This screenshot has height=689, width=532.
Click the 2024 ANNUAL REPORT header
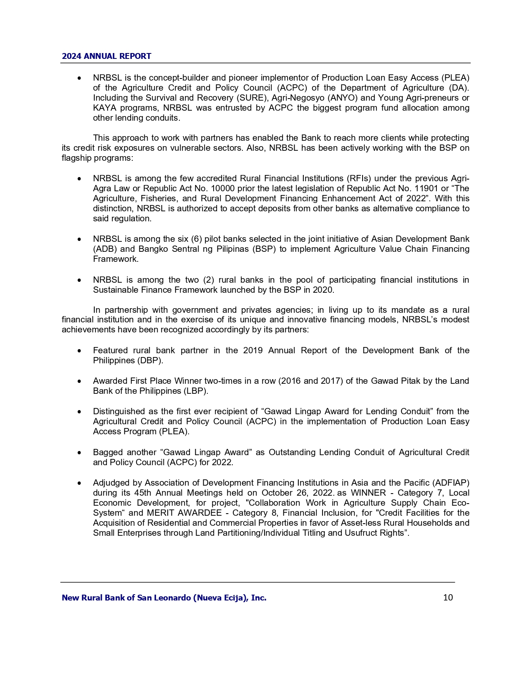coord(106,56)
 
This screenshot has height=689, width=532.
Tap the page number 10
coord(448,598)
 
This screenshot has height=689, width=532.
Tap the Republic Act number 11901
coord(425,188)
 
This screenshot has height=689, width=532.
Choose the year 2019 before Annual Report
coord(252,350)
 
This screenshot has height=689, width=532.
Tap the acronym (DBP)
coord(150,360)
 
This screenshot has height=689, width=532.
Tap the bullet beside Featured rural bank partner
coord(79,351)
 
